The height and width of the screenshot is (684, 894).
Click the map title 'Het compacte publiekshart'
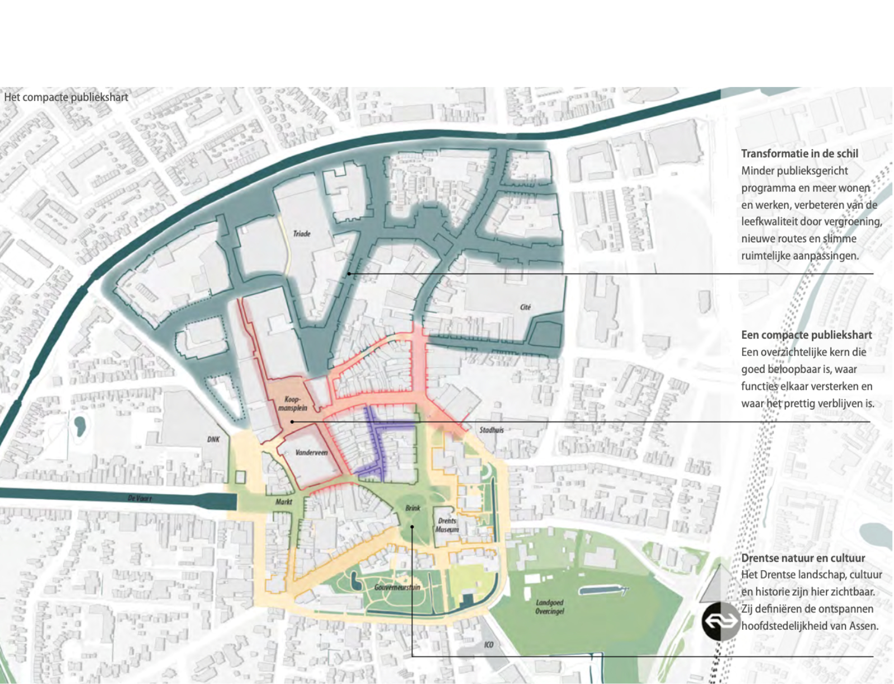coord(66,97)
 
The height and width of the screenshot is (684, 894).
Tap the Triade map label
coord(302,233)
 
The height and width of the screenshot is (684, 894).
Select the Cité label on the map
coord(525,307)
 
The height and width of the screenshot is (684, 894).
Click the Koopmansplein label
coord(292,404)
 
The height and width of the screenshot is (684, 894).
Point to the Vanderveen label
coord(311,452)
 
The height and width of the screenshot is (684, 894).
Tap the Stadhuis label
coord(491,430)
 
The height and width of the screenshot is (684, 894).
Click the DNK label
coord(213,439)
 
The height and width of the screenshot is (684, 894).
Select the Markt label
coord(284,502)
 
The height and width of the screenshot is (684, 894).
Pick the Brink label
coord(412,508)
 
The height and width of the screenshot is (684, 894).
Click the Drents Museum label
coord(447,525)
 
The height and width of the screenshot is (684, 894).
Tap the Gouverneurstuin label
coord(397,587)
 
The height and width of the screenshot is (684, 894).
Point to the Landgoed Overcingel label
coord(549,607)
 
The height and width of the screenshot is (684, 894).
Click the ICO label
coord(489,645)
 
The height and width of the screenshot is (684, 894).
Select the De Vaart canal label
coord(139,498)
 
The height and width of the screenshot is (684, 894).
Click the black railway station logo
coord(721,621)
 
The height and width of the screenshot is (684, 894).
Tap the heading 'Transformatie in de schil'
coord(799,154)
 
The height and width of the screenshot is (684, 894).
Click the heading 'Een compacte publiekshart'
coord(806,335)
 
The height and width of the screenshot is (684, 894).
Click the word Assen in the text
coord(863,626)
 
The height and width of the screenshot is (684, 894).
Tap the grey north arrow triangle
coord(720,583)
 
